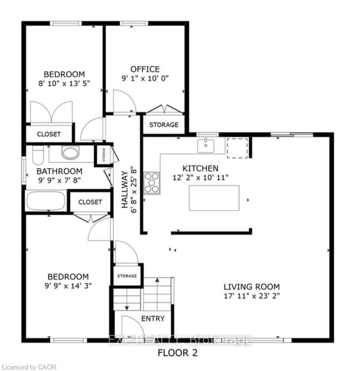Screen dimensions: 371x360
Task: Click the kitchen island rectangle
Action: click(x=214, y=198)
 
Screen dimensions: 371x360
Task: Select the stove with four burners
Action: click(x=151, y=183)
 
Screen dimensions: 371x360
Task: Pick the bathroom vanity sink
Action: click(x=71, y=153)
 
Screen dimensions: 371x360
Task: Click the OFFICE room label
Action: click(x=145, y=69)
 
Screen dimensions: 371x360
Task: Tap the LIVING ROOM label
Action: click(x=252, y=287)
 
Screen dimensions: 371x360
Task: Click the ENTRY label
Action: click(x=153, y=319)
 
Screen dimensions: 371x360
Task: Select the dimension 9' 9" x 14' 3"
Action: click(x=68, y=286)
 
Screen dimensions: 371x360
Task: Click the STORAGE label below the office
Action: click(x=164, y=125)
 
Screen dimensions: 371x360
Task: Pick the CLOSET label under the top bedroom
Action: click(x=49, y=134)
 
